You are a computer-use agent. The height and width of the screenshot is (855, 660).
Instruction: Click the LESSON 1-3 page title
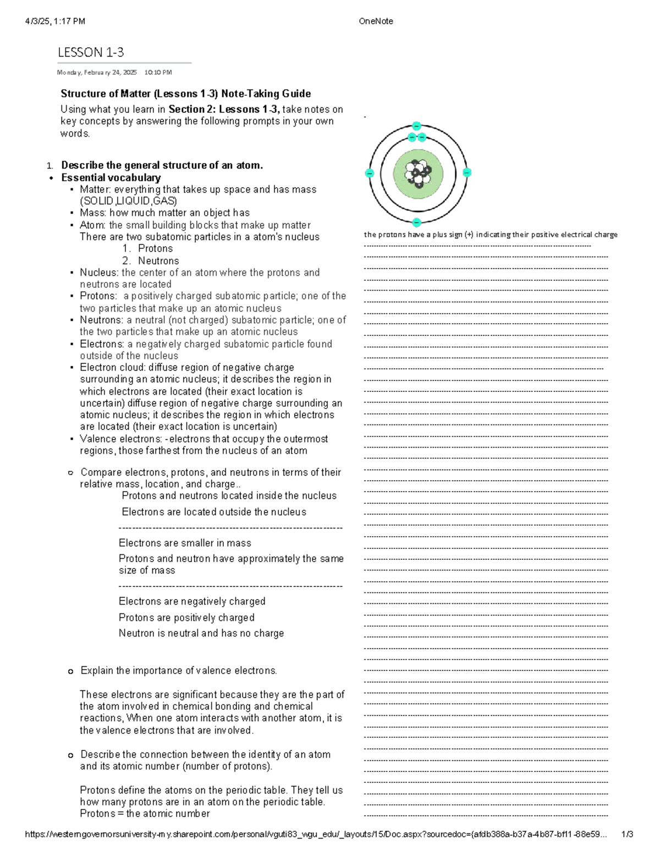click(91, 52)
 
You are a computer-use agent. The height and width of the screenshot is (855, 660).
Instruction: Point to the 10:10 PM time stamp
click(158, 72)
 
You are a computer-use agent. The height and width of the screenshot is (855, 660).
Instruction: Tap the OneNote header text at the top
click(376, 21)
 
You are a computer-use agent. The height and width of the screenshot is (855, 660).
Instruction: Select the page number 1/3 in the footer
click(627, 834)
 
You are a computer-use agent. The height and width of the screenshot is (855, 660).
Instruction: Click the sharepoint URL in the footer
click(316, 834)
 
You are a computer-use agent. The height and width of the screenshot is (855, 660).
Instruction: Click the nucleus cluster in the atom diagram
click(418, 173)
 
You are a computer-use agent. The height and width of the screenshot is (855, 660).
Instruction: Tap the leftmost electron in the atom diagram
click(370, 173)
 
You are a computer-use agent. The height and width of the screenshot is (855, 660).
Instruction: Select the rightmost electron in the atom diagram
click(467, 172)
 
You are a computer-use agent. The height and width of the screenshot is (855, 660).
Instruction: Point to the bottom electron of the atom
click(417, 222)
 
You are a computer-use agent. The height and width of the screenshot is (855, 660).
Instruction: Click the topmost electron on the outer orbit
click(417, 126)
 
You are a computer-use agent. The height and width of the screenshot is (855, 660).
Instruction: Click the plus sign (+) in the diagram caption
click(469, 235)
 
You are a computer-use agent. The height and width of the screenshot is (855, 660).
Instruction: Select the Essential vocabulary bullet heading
click(111, 178)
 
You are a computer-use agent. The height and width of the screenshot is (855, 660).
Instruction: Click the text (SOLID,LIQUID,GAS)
click(128, 201)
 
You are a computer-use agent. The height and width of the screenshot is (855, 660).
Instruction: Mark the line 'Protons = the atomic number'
click(145, 814)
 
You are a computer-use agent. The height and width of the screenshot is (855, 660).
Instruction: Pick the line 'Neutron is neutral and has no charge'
click(201, 633)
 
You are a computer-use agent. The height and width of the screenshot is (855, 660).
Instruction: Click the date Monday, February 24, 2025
click(97, 72)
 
